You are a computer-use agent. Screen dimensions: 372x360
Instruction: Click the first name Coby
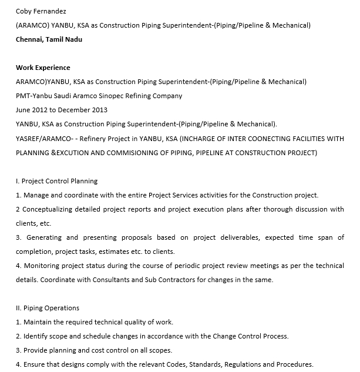coord(25,11)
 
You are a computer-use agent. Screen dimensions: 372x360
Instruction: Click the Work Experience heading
coord(43,68)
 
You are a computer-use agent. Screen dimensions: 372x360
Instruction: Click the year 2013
coord(99,110)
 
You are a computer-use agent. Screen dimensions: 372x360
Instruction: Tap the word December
coord(74,110)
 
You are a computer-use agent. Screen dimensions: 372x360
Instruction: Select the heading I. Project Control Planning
coord(56,181)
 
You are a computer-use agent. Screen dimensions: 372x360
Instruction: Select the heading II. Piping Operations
coord(48,308)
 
